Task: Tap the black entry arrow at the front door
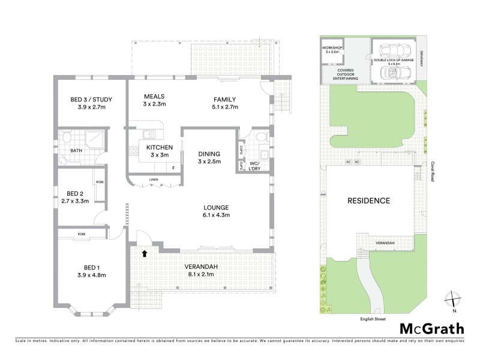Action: tap(144, 253)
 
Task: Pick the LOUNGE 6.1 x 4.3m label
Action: tap(217, 211)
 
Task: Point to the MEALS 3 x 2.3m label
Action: tap(154, 100)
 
